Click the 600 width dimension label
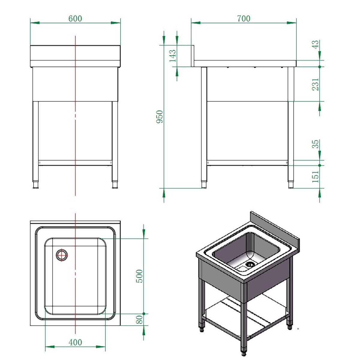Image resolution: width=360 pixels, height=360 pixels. pyautogui.click(x=75, y=19)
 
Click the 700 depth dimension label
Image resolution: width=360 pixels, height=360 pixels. pyautogui.click(x=243, y=19)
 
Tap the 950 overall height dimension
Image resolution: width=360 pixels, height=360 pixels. pyautogui.click(x=160, y=117)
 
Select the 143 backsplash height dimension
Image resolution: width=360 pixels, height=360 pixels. pyautogui.click(x=173, y=55)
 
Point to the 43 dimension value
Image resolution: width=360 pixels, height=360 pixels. pyautogui.click(x=315, y=45)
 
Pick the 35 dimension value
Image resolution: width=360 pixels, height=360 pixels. pyautogui.click(x=315, y=144)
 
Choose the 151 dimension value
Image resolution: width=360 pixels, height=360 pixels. pyautogui.click(x=315, y=177)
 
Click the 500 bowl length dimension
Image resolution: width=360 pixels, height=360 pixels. pyautogui.click(x=139, y=276)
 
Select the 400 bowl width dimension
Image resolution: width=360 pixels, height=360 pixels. pyautogui.click(x=75, y=342)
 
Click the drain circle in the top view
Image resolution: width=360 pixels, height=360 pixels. pyautogui.click(x=62, y=255)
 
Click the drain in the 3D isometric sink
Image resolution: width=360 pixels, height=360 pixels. pyautogui.click(x=250, y=264)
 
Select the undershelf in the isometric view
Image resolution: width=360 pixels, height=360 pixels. pyautogui.click(x=246, y=312)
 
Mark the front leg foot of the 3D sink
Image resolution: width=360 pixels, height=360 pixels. pyautogui.click(x=244, y=350)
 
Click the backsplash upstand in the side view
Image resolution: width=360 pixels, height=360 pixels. pyautogui.click(x=193, y=55)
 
